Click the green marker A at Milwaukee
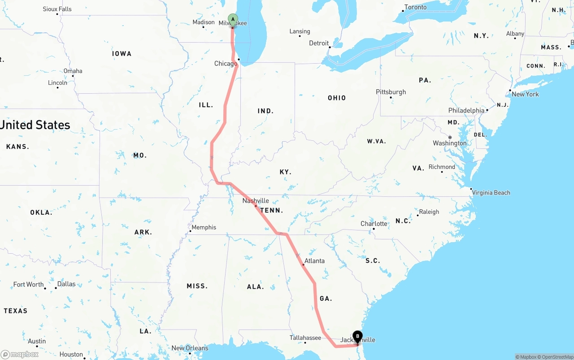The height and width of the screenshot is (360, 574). (233, 19)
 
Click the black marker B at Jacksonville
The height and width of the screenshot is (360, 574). (357, 336)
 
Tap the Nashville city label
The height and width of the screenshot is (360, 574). (256, 200)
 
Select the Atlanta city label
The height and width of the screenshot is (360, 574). (314, 260)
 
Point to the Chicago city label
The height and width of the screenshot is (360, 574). (226, 64)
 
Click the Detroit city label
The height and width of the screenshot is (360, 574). (319, 43)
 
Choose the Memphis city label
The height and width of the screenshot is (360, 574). (204, 227)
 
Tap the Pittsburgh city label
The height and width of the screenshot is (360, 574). (391, 92)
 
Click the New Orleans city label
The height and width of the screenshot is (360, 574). (190, 348)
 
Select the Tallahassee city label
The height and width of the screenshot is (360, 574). (305, 338)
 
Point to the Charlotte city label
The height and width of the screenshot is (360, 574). (374, 224)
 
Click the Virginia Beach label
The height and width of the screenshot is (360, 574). (491, 193)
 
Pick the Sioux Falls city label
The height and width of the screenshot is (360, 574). (57, 9)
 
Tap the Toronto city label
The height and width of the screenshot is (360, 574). (415, 7)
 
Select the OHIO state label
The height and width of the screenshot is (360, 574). (337, 98)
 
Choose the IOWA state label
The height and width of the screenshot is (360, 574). (122, 54)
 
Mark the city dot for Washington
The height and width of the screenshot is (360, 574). (449, 137)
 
